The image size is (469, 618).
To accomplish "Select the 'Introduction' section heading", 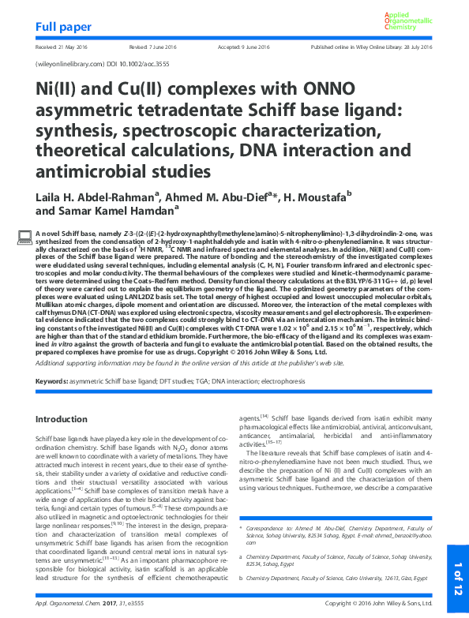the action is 67,418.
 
